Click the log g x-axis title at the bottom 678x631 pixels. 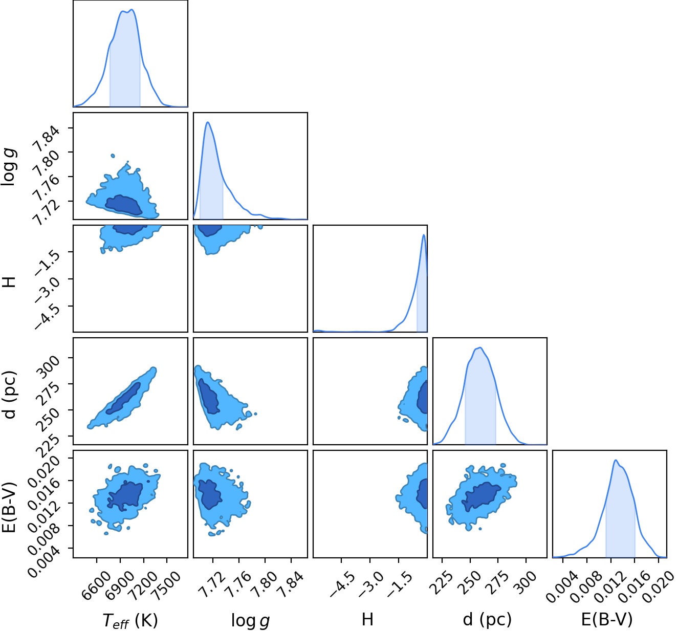pos(250,620)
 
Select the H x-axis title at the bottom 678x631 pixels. pos(368,619)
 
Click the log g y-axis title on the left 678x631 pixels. pos(8,167)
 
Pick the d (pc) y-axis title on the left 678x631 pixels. pos(9,395)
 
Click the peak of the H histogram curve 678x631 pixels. pos(424,234)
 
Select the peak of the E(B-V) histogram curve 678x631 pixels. pos(616,460)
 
